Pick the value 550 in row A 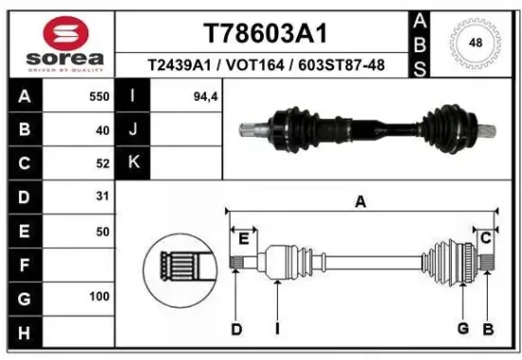(99, 97)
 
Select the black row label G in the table (24, 297)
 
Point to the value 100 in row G (99, 297)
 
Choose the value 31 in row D (102, 198)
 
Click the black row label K (134, 162)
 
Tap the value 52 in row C (102, 163)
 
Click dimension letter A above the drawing (361, 201)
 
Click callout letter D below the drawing (236, 329)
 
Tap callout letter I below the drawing (276, 329)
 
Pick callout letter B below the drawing (488, 329)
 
